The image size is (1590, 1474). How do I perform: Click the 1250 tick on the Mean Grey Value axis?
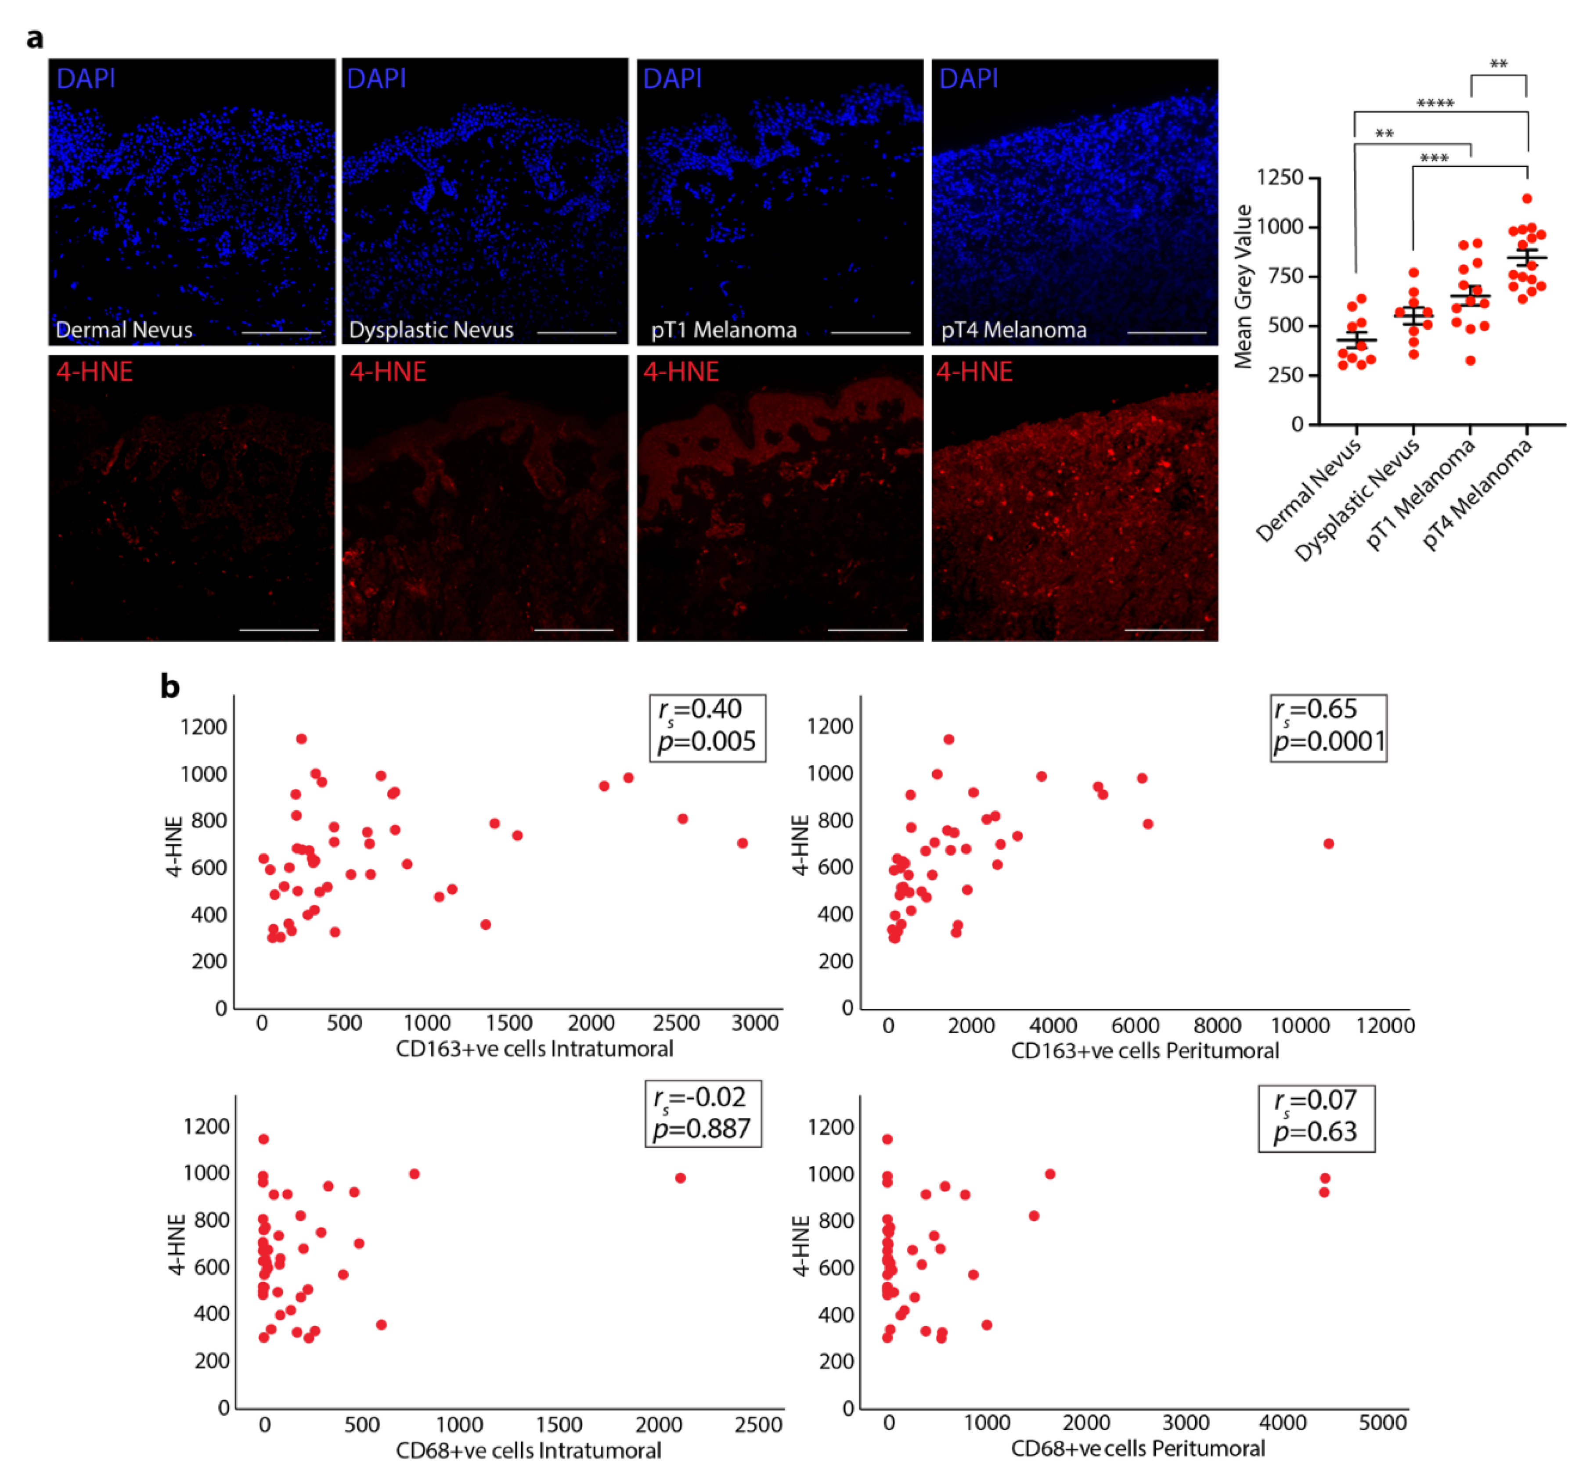click(1279, 177)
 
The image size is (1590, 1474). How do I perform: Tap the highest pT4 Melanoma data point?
click(1526, 198)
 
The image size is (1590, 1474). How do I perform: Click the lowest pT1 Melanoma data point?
click(1470, 360)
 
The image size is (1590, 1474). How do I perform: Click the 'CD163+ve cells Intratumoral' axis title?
click(534, 1048)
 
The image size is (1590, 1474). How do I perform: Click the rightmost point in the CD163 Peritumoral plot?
click(1328, 843)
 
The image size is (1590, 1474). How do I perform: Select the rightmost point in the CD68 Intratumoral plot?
click(680, 1177)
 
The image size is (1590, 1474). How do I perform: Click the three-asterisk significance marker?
click(1434, 158)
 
